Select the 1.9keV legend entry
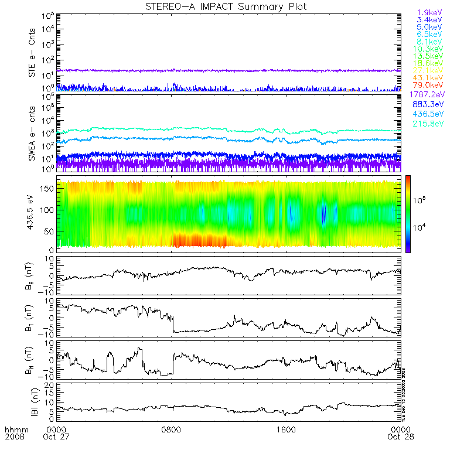(x=429, y=12)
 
